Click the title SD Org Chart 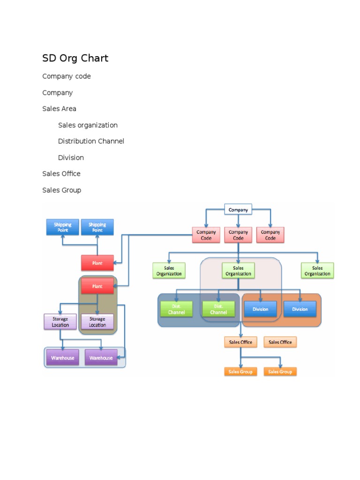tap(75, 58)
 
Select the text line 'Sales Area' tap(59, 109)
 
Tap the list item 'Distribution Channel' tap(91, 141)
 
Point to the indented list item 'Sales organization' tap(88, 125)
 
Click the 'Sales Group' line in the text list tap(61, 190)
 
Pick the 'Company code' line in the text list tap(67, 76)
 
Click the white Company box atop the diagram tap(238, 210)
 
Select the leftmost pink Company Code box tap(206, 235)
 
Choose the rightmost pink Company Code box tap(270, 235)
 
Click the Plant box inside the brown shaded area tap(97, 286)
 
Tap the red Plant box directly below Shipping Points tap(97, 263)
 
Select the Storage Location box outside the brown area tap(60, 322)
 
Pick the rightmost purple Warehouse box tap(101, 358)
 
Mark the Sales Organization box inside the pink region tap(238, 271)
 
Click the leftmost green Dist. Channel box tap(176, 309)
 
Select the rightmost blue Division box tap(300, 309)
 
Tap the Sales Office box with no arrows tap(280, 342)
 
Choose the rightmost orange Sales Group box tap(280, 372)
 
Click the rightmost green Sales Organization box tap(317, 271)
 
